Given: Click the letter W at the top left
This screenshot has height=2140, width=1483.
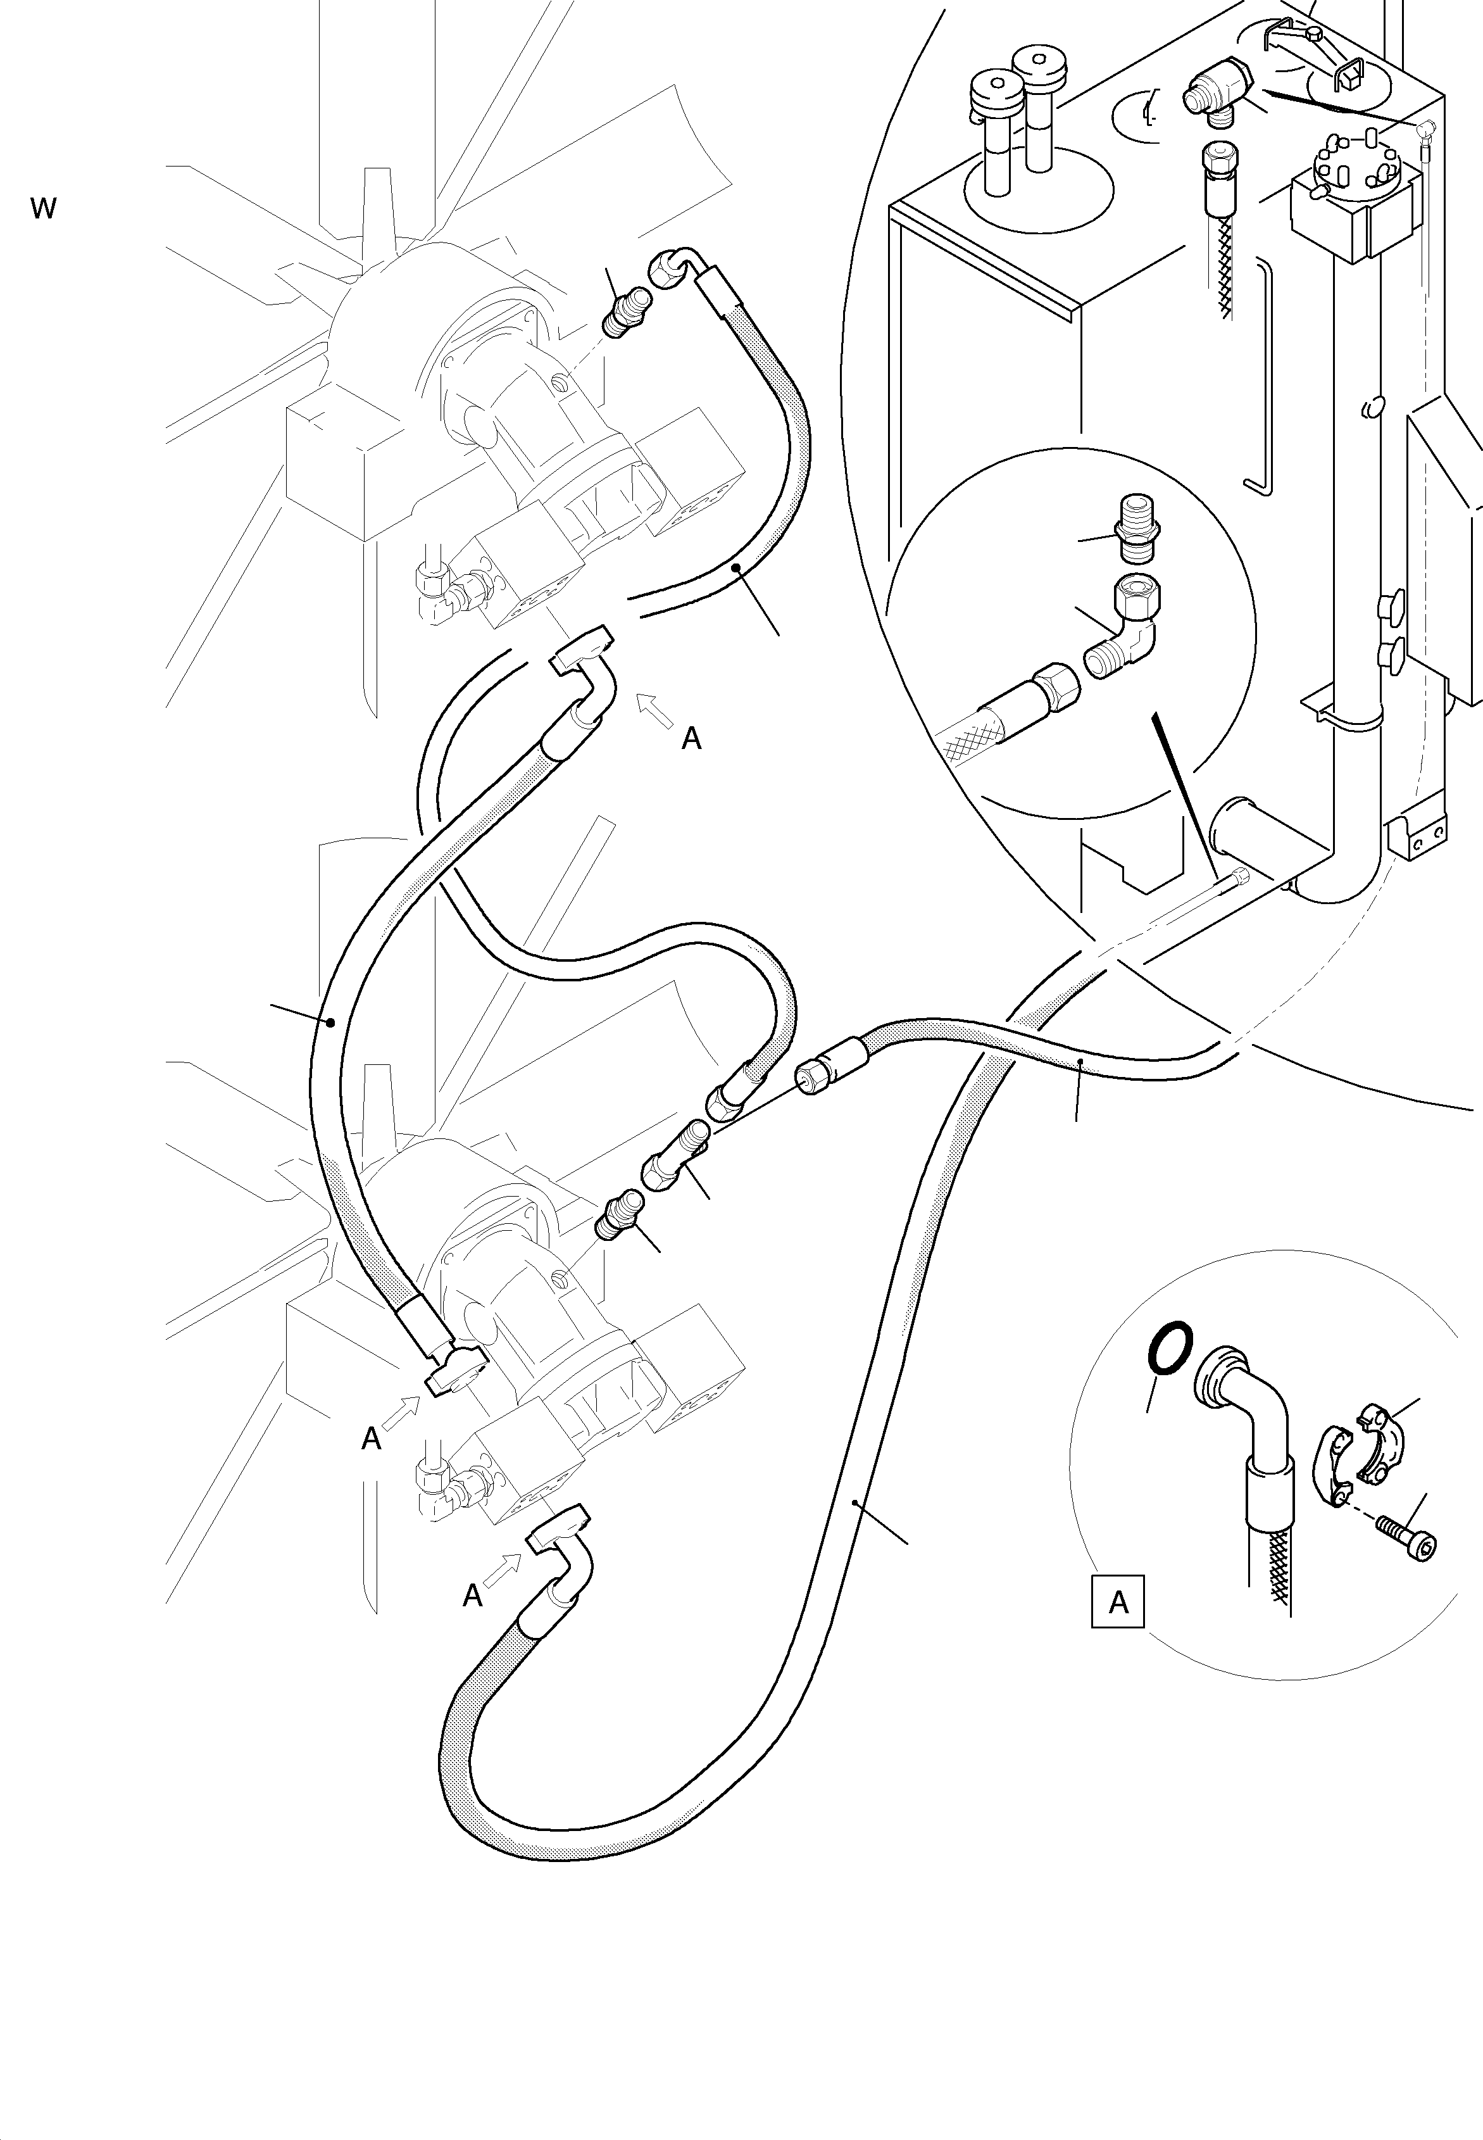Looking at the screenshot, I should pos(43,208).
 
